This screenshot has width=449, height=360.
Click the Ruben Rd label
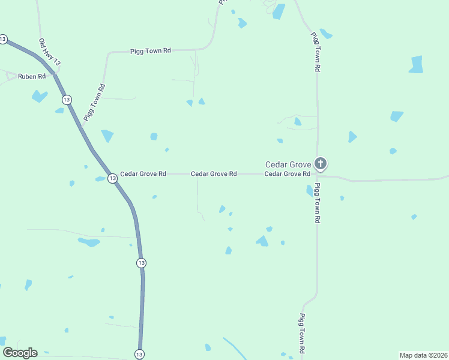pos(32,76)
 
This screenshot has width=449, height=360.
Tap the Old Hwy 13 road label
pos(49,52)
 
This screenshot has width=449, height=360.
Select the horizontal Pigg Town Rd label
pos(151,52)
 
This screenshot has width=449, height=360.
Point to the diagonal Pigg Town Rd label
pos(95,103)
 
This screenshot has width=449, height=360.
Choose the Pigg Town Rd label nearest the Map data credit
pos(304,333)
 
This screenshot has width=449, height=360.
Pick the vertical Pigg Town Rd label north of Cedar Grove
pos(314,52)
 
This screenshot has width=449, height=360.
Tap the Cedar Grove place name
pos(288,164)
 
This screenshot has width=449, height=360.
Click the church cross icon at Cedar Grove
pos(321,163)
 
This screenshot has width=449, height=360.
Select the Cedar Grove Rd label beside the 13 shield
pos(143,174)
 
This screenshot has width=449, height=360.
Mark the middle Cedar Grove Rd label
pos(214,174)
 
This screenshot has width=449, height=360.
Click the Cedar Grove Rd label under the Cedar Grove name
pos(287,174)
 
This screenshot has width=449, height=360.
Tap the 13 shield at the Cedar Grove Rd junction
pos(112,178)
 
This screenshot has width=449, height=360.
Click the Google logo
pos(20,353)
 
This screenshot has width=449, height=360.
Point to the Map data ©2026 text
pos(423,355)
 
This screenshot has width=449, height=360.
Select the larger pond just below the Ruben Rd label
pos(40,96)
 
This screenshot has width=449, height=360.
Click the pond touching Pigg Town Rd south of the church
pos(310,191)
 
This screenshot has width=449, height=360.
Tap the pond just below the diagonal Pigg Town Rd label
pos(107,136)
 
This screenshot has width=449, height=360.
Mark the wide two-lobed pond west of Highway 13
pos(89,242)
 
